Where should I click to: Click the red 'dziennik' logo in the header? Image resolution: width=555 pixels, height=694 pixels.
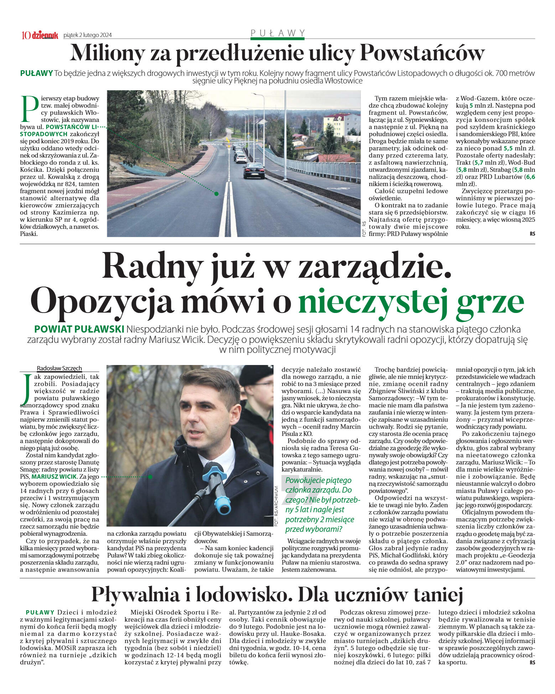click(x=45, y=35)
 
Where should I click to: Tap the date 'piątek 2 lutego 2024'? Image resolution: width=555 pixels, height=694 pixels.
click(x=87, y=35)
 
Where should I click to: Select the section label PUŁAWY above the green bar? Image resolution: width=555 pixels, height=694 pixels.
click(x=277, y=33)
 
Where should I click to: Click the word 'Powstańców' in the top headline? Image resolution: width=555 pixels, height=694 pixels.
click(x=422, y=53)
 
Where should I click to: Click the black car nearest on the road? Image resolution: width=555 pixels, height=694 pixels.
click(x=254, y=170)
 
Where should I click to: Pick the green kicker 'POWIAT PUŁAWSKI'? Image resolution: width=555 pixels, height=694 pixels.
click(x=79, y=329)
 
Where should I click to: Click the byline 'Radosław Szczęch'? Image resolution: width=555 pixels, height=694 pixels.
click(x=59, y=368)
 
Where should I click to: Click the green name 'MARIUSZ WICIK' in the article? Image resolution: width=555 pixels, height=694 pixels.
click(x=54, y=477)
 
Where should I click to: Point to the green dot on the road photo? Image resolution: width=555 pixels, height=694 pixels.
click(x=216, y=194)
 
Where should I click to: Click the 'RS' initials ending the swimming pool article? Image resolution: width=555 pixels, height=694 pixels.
click(x=532, y=663)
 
